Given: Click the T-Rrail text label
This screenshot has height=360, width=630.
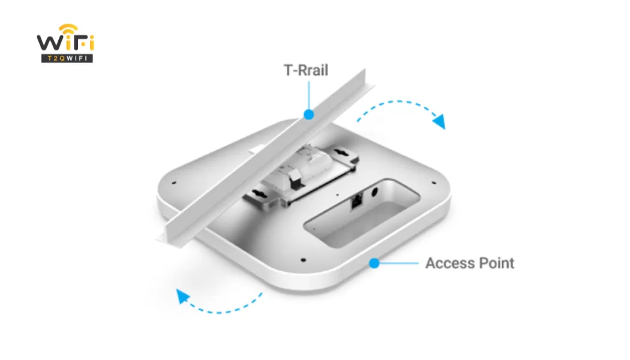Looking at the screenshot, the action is point(306,70).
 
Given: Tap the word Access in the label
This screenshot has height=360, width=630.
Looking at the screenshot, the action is point(450,263).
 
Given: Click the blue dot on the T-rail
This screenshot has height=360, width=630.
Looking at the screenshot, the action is point(308,115).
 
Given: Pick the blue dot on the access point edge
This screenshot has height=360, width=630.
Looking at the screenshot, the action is point(374,263).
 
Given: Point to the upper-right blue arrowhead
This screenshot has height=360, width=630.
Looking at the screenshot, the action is point(439,121).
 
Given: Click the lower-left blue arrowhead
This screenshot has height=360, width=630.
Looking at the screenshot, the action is point(182,296).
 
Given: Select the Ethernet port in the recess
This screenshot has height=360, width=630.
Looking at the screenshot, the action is point(356,201).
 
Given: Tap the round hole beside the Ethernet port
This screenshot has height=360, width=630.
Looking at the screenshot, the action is point(374,192).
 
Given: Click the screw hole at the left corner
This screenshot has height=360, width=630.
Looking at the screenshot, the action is point(174,183).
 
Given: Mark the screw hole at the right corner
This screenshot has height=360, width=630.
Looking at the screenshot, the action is point(434,183).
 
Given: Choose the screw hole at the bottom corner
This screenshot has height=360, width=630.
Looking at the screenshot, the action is point(304,260).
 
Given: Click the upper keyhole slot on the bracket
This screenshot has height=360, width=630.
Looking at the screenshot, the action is point(342,153).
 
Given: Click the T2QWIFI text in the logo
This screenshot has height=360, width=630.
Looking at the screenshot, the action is point(67,59).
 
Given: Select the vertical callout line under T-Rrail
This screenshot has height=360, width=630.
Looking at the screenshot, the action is point(308,95).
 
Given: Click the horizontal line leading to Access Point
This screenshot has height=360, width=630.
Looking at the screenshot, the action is point(399,263).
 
